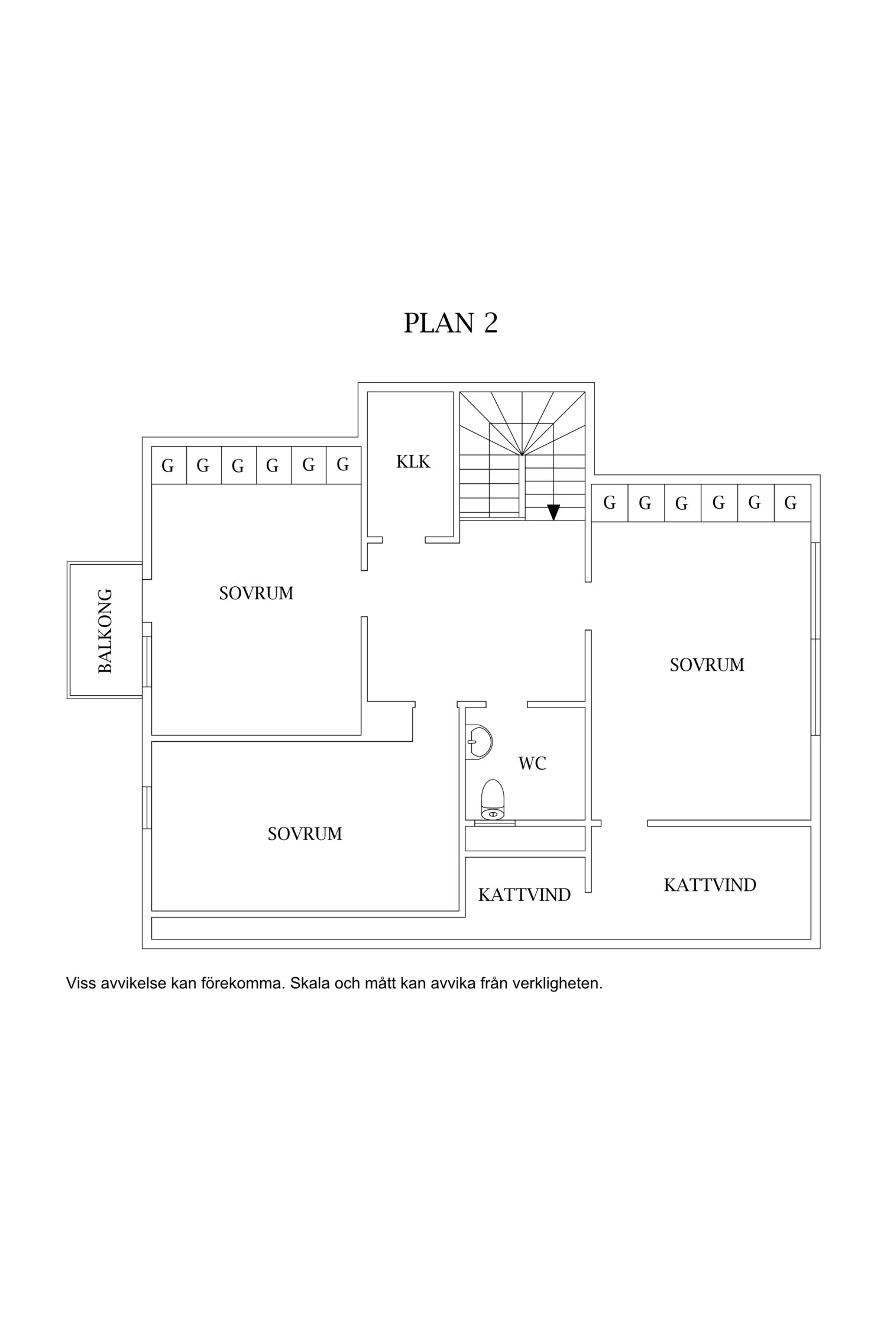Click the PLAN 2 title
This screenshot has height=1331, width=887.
point(450,323)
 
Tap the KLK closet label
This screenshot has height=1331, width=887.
point(413,461)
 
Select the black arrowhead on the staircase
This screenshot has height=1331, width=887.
point(553,512)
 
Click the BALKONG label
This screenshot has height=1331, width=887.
point(105,631)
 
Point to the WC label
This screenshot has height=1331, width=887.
point(532,764)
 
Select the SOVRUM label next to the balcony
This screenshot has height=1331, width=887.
point(256,593)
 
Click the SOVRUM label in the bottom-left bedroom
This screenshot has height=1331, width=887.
point(305,834)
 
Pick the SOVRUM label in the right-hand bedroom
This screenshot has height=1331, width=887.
point(707,665)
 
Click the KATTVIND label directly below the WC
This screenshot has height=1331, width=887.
point(524,895)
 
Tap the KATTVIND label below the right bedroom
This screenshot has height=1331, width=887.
point(710,885)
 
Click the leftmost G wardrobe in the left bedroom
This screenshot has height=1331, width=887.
point(169,466)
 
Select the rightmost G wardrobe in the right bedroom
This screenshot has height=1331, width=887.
point(791,503)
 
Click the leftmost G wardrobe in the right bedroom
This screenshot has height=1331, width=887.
point(610,503)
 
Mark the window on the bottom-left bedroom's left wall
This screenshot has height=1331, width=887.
point(147,807)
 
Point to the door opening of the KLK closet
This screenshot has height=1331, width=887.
point(403,539)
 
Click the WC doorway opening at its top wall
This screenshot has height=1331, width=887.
point(506,704)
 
